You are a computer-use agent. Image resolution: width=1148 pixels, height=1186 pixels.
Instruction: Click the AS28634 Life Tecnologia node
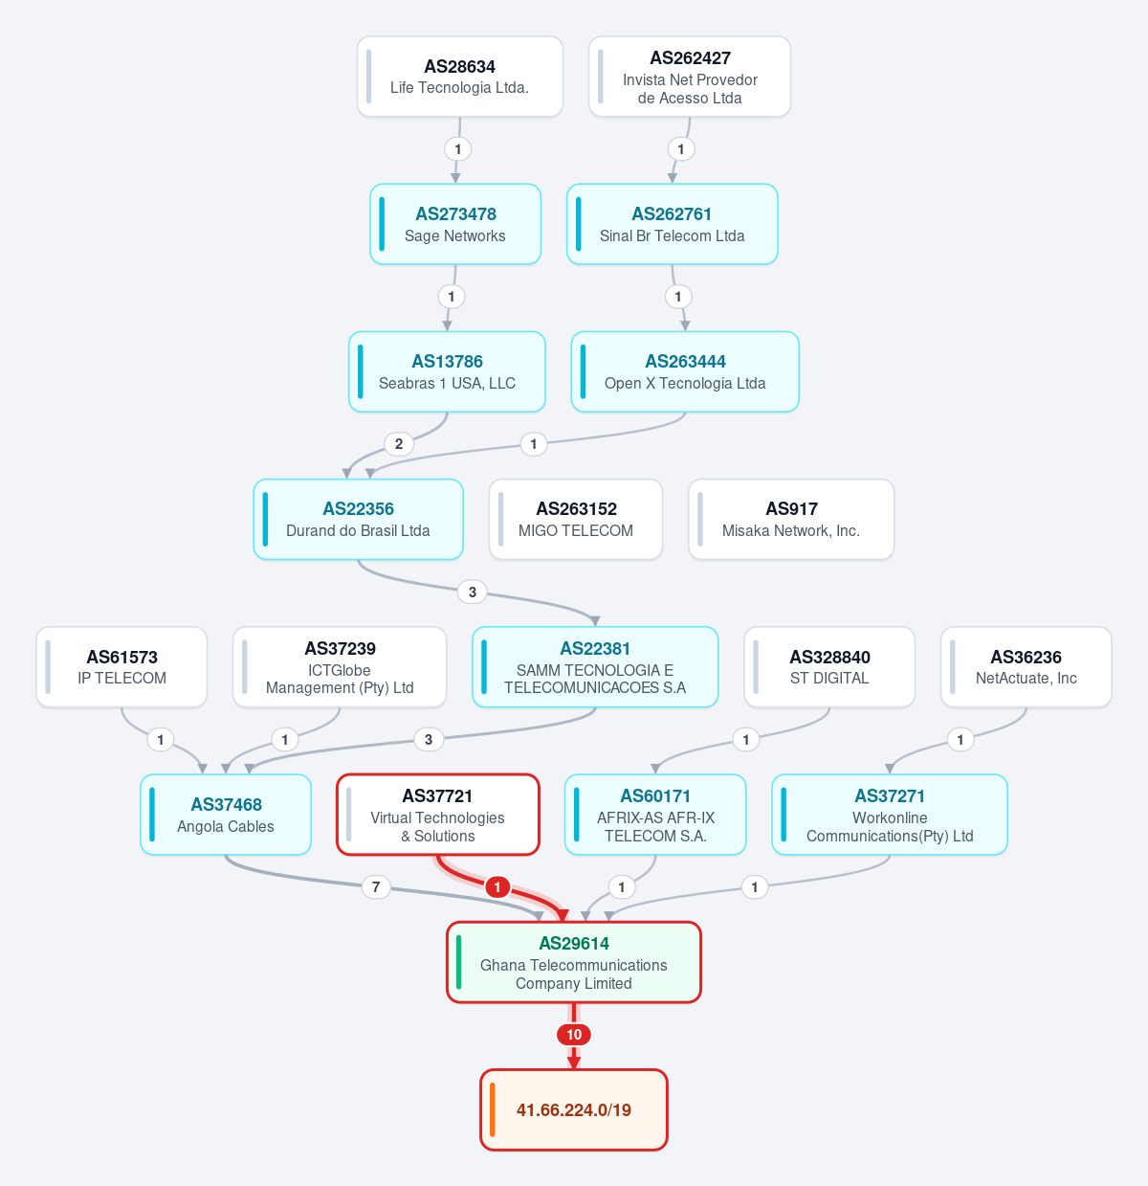click(x=460, y=77)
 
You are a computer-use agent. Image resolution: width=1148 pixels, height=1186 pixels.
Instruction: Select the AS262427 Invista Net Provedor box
click(x=690, y=77)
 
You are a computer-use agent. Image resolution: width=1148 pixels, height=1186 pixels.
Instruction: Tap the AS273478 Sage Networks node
click(x=455, y=224)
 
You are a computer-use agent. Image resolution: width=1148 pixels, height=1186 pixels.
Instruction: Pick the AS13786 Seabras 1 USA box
click(x=447, y=371)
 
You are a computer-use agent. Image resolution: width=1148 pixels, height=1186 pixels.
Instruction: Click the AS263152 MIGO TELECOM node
click(x=576, y=519)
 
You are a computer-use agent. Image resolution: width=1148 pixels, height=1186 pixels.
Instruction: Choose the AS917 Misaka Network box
click(x=791, y=519)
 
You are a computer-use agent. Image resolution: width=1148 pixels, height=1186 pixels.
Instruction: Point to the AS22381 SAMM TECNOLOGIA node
click(x=595, y=667)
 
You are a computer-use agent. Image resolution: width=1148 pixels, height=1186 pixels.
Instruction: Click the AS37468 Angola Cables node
click(x=226, y=815)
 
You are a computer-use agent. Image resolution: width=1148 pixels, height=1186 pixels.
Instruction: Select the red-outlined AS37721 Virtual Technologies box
click(x=438, y=815)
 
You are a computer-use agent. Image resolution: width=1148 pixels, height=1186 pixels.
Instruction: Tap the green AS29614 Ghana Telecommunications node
click(x=574, y=962)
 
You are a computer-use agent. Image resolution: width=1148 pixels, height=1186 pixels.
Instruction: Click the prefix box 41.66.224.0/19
click(x=574, y=1109)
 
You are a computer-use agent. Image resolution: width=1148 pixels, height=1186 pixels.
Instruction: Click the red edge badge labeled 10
click(x=574, y=1034)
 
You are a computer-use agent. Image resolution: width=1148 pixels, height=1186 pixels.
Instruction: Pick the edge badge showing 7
click(x=376, y=886)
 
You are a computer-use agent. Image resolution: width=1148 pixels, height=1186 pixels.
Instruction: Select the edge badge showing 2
click(x=399, y=444)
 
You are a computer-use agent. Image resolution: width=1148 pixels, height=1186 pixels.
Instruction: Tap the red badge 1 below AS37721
click(x=497, y=886)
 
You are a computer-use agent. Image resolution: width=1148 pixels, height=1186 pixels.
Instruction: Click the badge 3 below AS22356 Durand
click(x=472, y=592)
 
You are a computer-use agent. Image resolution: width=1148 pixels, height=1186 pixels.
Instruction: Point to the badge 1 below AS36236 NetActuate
click(x=960, y=739)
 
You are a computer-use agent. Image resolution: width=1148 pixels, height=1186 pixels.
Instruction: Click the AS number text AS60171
click(x=655, y=796)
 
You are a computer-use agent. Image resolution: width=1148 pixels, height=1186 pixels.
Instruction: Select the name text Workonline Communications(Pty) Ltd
click(x=890, y=826)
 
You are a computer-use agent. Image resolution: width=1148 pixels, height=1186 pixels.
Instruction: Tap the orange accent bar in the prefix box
click(x=492, y=1109)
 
